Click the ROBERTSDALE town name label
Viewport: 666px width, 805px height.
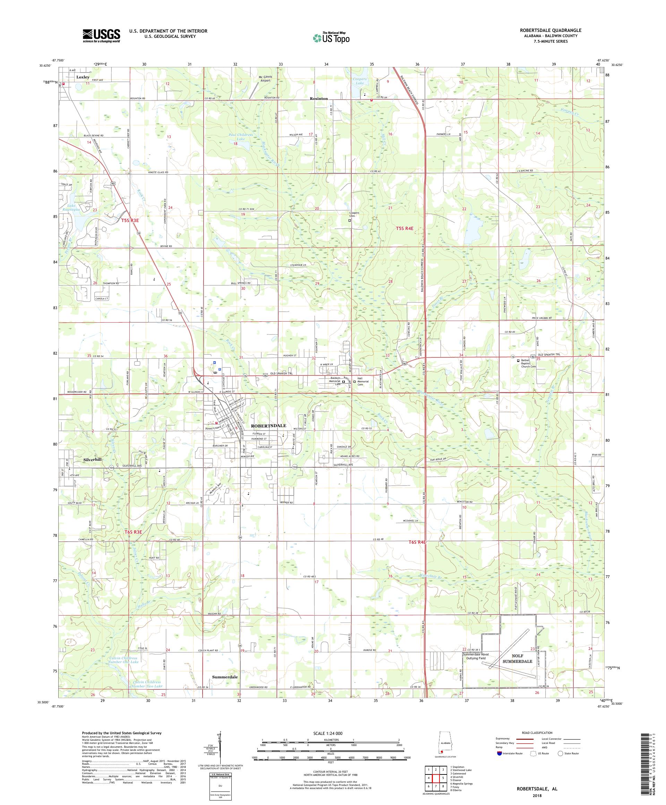[x=268, y=425]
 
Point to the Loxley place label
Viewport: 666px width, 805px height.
[x=83, y=77]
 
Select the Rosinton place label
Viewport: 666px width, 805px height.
[x=318, y=99]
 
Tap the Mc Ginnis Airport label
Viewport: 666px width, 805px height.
[x=265, y=78]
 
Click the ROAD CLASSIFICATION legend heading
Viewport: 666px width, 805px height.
[x=538, y=732]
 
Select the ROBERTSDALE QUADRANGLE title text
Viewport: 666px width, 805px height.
[x=555, y=30]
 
